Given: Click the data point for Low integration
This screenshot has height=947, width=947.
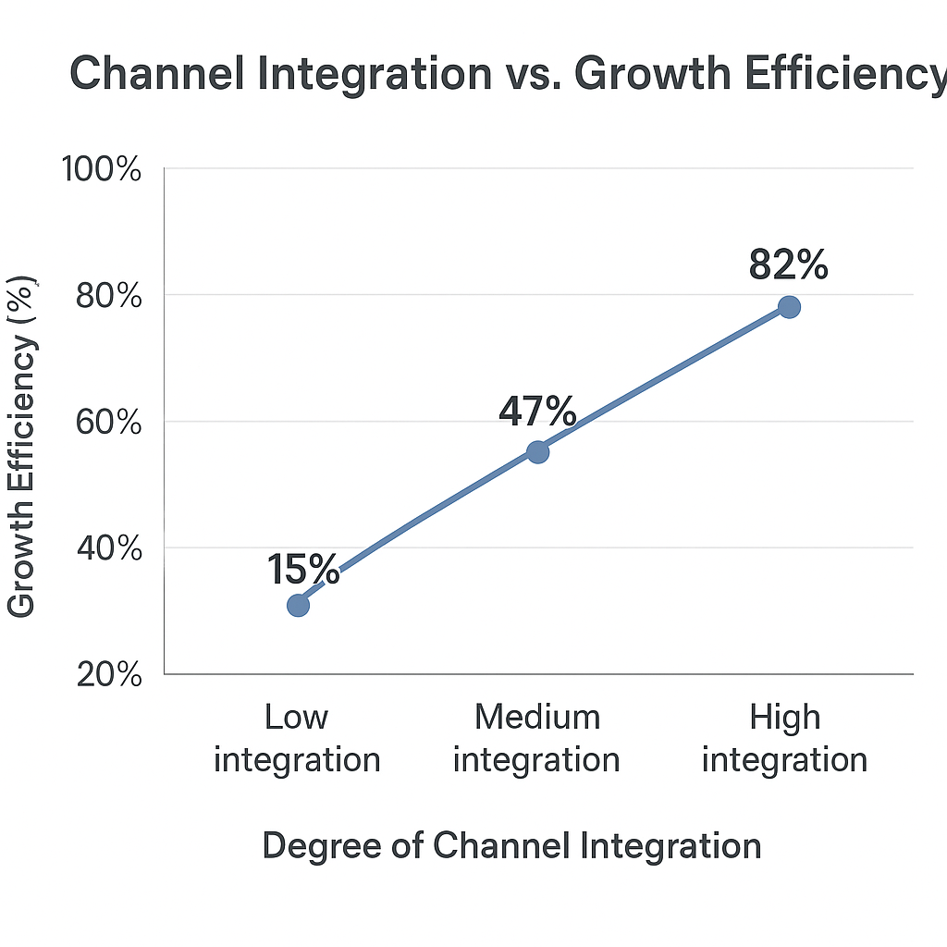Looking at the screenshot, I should (x=298, y=605).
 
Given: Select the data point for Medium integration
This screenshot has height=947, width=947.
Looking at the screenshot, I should (x=537, y=451).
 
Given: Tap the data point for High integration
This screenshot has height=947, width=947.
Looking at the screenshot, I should (x=789, y=307).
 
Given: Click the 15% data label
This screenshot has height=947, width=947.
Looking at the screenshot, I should (x=303, y=570).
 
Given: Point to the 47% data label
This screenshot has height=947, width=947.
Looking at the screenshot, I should (x=537, y=412).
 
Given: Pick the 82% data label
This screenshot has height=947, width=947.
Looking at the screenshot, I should (x=788, y=265).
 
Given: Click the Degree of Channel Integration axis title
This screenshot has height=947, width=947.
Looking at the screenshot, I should (x=511, y=845).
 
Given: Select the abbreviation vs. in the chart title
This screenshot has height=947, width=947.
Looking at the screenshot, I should (x=533, y=74).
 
